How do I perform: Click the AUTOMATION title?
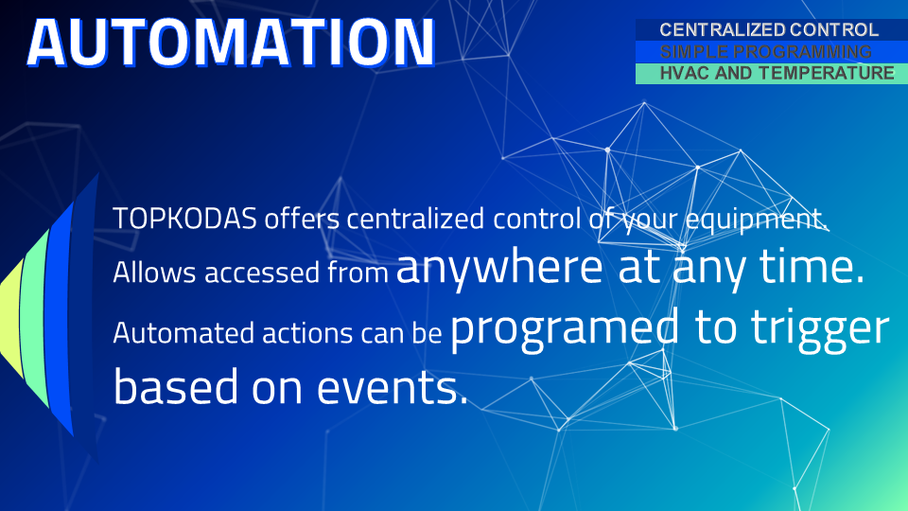(x=231, y=42)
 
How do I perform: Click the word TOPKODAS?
(x=184, y=219)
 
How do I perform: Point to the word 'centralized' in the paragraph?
(x=414, y=219)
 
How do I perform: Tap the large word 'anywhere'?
(x=499, y=268)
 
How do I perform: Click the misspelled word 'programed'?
(x=565, y=329)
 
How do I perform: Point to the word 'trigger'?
(x=820, y=330)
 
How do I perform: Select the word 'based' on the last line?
(x=176, y=386)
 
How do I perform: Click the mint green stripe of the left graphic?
(x=36, y=319)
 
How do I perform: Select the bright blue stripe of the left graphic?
(x=60, y=318)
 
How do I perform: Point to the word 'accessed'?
(x=261, y=273)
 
